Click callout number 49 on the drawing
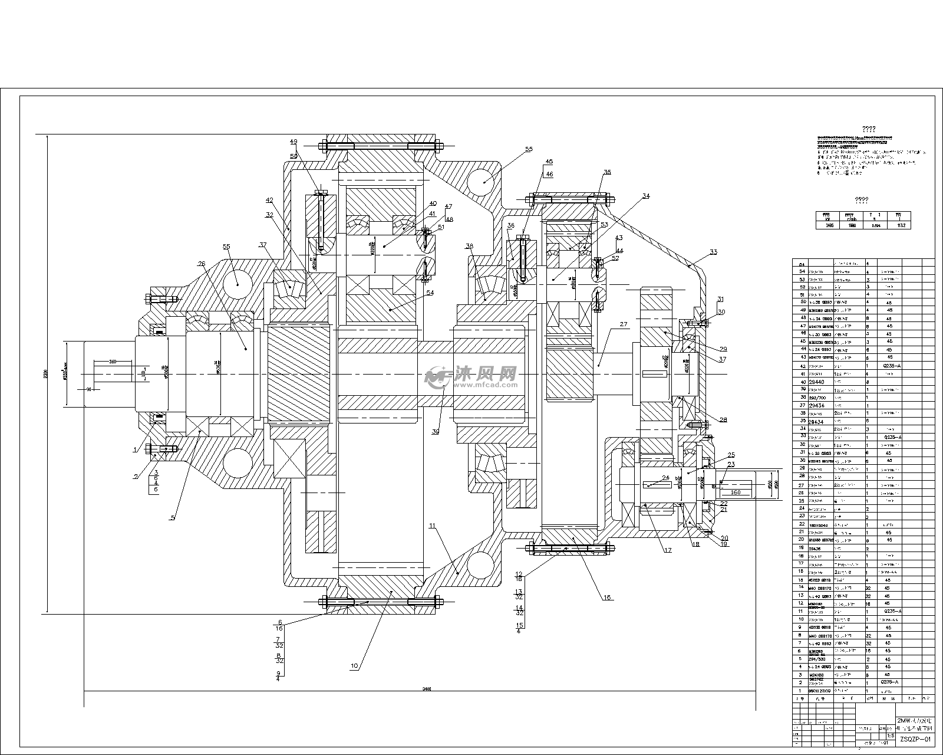[x=294, y=142]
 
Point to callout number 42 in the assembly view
[x=269, y=200]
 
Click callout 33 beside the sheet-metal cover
[x=713, y=252]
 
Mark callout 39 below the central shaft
[x=436, y=432]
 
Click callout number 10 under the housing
[x=354, y=666]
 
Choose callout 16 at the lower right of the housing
[x=606, y=598]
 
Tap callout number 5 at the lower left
[x=172, y=518]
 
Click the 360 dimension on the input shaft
[x=113, y=361]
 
